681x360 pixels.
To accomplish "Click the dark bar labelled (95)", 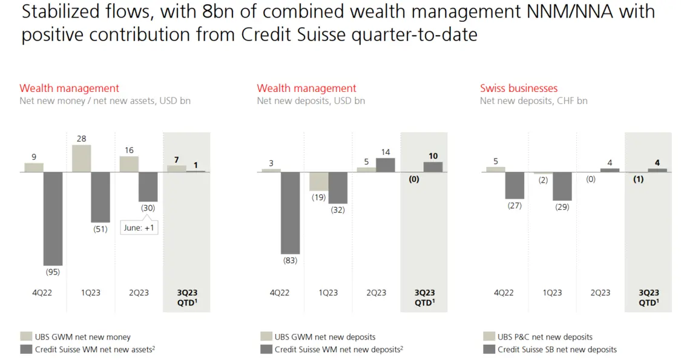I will click(x=53, y=218).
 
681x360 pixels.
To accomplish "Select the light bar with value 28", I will click(x=81, y=159).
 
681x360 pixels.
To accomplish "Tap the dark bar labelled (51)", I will click(x=100, y=197).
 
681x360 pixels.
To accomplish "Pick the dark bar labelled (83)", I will click(x=290, y=213).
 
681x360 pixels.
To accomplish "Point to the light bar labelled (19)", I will click(x=318, y=182).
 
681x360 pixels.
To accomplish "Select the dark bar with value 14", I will click(x=386, y=165).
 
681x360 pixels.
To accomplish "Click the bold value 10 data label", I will click(x=433, y=156).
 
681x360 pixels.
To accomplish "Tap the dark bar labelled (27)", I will click(x=515, y=186).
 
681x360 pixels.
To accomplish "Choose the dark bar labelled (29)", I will click(x=562, y=186).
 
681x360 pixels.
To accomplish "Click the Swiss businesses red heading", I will click(x=519, y=88).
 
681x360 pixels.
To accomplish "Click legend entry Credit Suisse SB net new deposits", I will click(x=557, y=349).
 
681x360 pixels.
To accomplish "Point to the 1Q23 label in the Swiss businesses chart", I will click(x=552, y=293).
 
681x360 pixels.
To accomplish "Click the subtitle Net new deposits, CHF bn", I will click(x=533, y=101).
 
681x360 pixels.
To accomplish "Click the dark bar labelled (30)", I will click(x=148, y=187).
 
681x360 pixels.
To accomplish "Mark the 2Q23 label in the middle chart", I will click(x=376, y=293).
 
